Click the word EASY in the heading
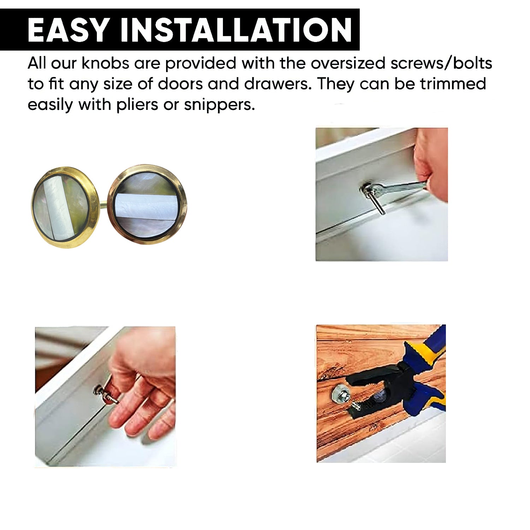67,30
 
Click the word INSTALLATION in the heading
236,30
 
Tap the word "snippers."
219,105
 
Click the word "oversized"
348,63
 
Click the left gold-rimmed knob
65,207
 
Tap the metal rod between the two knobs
104,204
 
